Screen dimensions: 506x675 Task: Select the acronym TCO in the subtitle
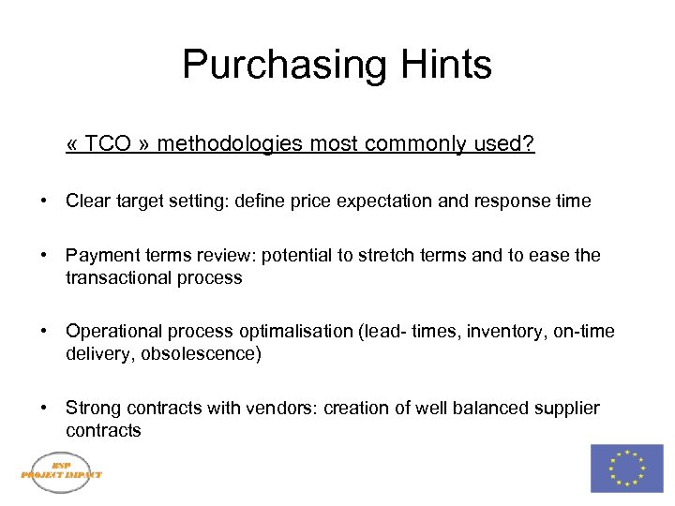click(x=111, y=144)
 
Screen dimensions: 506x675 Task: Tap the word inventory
click(x=494, y=332)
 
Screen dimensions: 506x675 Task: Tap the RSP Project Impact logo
click(x=62, y=468)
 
